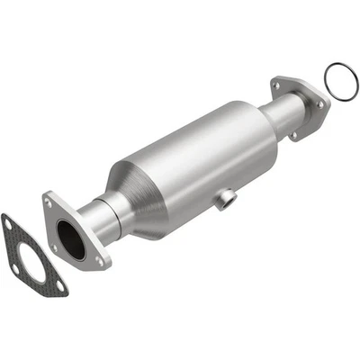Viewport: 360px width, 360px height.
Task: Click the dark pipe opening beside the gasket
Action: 67,240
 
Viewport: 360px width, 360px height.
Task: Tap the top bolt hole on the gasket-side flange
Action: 47,203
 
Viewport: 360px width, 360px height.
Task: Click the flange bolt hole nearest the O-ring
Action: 319,103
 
